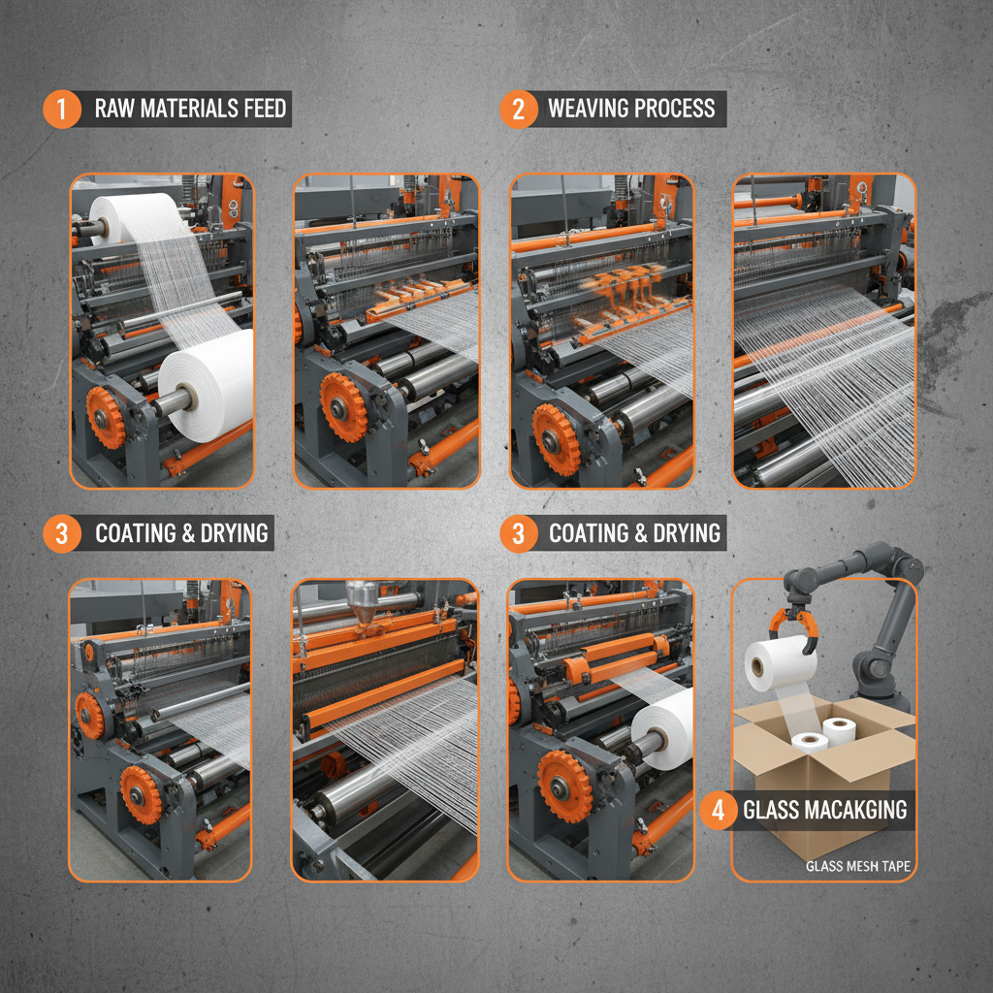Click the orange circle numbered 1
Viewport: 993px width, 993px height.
point(62,109)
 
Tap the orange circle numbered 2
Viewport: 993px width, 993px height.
point(519,109)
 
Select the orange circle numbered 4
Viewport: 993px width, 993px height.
point(719,810)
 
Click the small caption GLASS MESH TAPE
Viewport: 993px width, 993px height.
point(858,866)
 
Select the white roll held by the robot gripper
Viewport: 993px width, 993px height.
point(780,663)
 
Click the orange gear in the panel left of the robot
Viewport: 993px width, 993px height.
point(564,786)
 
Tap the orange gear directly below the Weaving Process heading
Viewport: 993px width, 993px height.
point(556,440)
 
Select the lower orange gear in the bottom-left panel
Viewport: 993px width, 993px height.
point(140,795)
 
